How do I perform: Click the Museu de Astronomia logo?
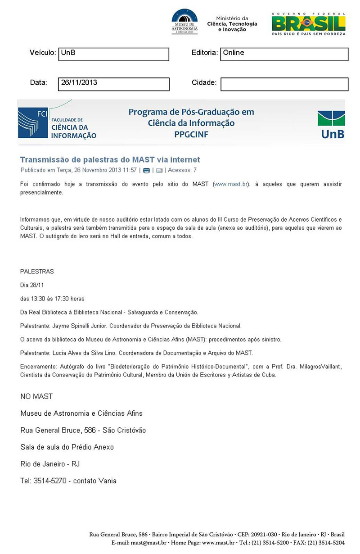[184, 22]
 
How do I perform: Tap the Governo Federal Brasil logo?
[309, 24]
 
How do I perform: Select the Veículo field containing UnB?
[113, 54]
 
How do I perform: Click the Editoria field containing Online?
[284, 54]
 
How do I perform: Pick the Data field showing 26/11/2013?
[113, 84]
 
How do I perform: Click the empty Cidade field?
[284, 84]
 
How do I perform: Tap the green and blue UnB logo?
[331, 125]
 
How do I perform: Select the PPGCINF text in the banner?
[191, 134]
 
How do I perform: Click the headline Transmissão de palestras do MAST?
[110, 159]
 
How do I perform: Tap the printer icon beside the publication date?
[146, 170]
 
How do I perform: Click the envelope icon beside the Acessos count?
[159, 170]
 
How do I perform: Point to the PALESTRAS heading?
[37, 272]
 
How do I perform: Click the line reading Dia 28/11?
[32, 285]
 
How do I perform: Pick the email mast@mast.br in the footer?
[148, 543]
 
